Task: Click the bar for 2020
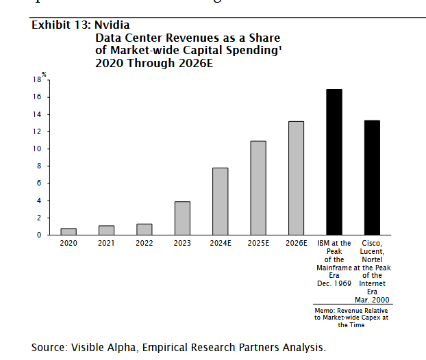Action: (68, 231)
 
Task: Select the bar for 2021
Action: (106, 230)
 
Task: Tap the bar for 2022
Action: (144, 229)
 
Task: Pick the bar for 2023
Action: (182, 218)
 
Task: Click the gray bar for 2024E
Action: (220, 201)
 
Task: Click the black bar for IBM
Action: (334, 162)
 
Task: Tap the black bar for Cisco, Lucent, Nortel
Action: (372, 177)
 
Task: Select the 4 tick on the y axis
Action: (40, 201)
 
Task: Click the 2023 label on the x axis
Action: (182, 243)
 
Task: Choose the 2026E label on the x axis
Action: (296, 243)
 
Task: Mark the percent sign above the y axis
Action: (43, 73)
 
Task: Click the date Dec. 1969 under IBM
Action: (334, 283)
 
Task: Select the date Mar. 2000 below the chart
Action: (372, 299)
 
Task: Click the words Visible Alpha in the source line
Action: (105, 347)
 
